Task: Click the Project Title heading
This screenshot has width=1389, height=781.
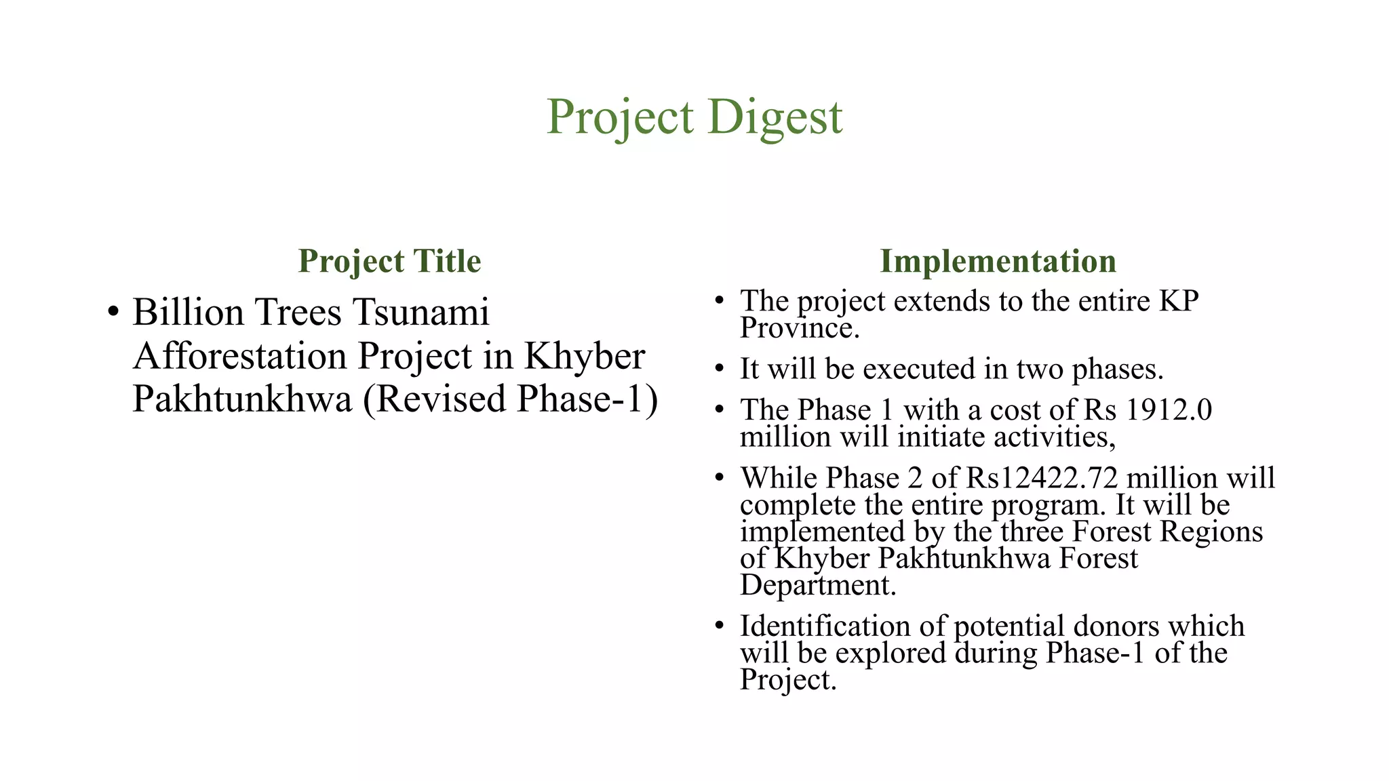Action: tap(389, 262)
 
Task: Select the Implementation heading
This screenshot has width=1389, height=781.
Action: tap(998, 262)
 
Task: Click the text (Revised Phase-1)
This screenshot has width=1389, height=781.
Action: tap(510, 399)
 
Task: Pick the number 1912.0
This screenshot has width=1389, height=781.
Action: tap(1169, 410)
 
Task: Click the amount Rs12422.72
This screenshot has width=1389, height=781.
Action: tap(1042, 478)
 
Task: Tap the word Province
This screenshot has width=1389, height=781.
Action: tap(799, 329)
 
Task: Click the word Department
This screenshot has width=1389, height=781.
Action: tap(817, 585)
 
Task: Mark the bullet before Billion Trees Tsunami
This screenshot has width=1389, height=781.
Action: tap(113, 313)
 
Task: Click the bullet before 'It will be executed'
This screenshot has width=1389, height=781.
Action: tap(720, 369)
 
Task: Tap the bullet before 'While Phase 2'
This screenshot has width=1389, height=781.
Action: tap(720, 478)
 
